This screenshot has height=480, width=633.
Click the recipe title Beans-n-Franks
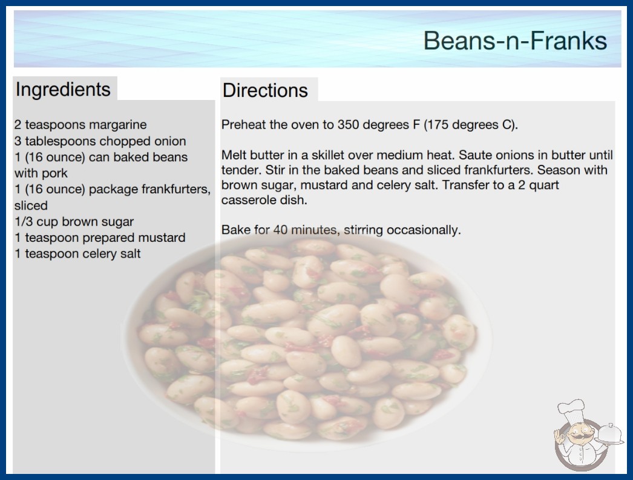pyautogui.click(x=515, y=41)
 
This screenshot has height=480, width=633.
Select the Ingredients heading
pyautogui.click(x=63, y=90)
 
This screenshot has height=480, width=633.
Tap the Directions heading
pyautogui.click(x=265, y=90)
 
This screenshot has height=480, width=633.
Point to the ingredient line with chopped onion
pyautogui.click(x=100, y=141)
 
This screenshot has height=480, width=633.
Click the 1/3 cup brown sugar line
pyautogui.click(x=74, y=222)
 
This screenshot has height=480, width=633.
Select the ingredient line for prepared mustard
pyautogui.click(x=100, y=238)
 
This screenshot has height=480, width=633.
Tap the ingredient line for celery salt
pyautogui.click(x=77, y=253)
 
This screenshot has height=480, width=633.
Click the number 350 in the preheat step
pyautogui.click(x=349, y=125)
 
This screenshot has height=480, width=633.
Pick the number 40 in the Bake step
pyautogui.click(x=280, y=230)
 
